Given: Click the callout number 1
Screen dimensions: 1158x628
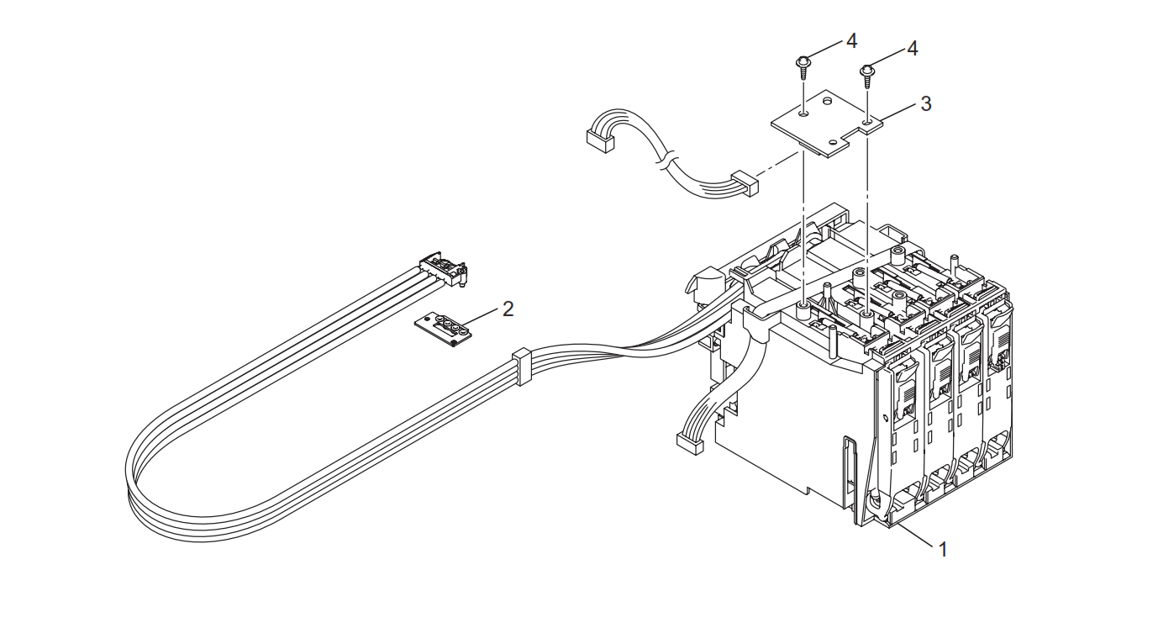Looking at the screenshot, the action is coord(943,549).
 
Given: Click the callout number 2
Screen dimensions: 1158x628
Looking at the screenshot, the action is coord(508,309).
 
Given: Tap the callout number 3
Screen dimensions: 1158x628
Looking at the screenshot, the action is coord(925,103).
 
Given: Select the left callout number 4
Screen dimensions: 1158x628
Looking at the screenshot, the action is coord(851,41).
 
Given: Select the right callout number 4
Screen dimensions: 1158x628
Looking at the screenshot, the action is coord(913,49).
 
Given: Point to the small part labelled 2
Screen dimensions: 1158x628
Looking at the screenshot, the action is coord(444,329).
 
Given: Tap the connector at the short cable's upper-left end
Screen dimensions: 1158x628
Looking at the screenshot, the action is coord(600,140).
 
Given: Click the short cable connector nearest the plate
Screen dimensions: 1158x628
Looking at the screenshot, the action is coord(745,183).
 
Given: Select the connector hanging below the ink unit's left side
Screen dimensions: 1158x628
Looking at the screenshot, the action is coord(690,444).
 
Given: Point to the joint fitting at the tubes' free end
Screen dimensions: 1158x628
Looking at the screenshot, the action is coord(444,269).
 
